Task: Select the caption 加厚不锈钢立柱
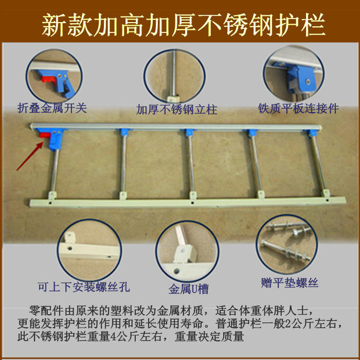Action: [177, 109]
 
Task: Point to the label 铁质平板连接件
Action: [298, 109]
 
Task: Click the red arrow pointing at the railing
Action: [29, 153]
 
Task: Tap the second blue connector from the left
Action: [124, 133]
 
